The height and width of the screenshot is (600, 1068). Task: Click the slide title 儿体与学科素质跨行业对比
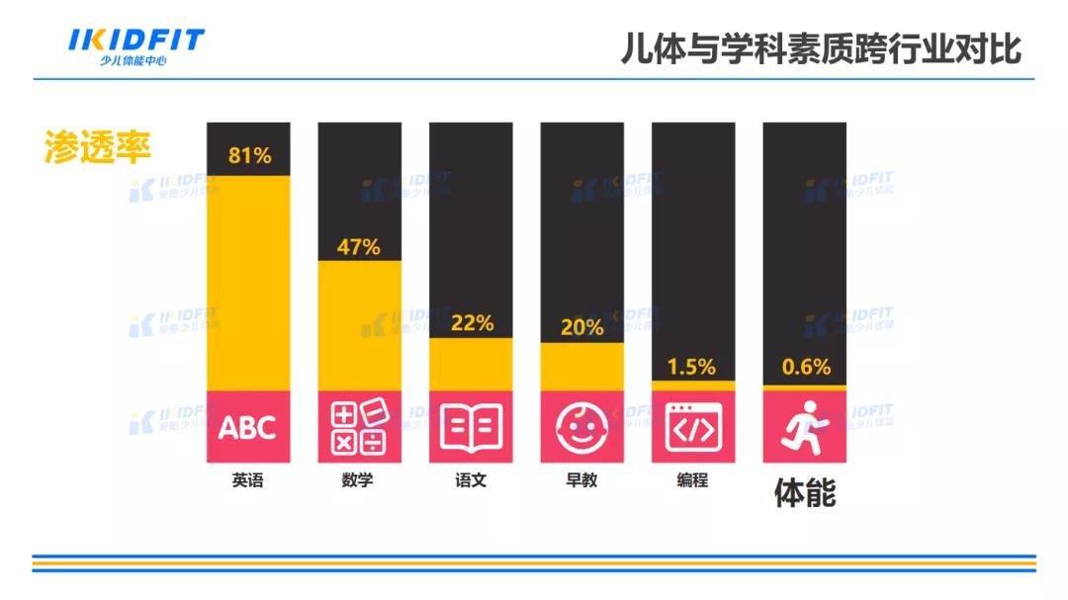(x=821, y=48)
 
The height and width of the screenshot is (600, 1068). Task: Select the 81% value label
(x=249, y=155)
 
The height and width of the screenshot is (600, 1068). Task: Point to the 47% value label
(x=359, y=247)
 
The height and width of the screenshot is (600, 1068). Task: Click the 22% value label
(x=472, y=323)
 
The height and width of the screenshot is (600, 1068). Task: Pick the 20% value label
(x=581, y=327)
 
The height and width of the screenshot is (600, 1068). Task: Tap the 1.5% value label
(x=691, y=367)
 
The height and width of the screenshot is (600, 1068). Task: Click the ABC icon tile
(x=248, y=427)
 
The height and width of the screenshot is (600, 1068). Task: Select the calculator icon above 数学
(x=359, y=427)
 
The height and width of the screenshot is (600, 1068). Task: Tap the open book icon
(x=471, y=427)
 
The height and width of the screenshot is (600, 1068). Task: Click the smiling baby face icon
(x=581, y=427)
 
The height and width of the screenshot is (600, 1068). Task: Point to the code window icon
(x=693, y=427)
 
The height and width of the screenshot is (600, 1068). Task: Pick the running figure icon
(x=804, y=427)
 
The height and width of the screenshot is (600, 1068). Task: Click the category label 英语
(x=248, y=481)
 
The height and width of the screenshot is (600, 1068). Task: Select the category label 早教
(x=581, y=481)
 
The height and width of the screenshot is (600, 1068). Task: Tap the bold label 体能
(x=804, y=492)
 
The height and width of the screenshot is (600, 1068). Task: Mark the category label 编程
(x=693, y=481)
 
